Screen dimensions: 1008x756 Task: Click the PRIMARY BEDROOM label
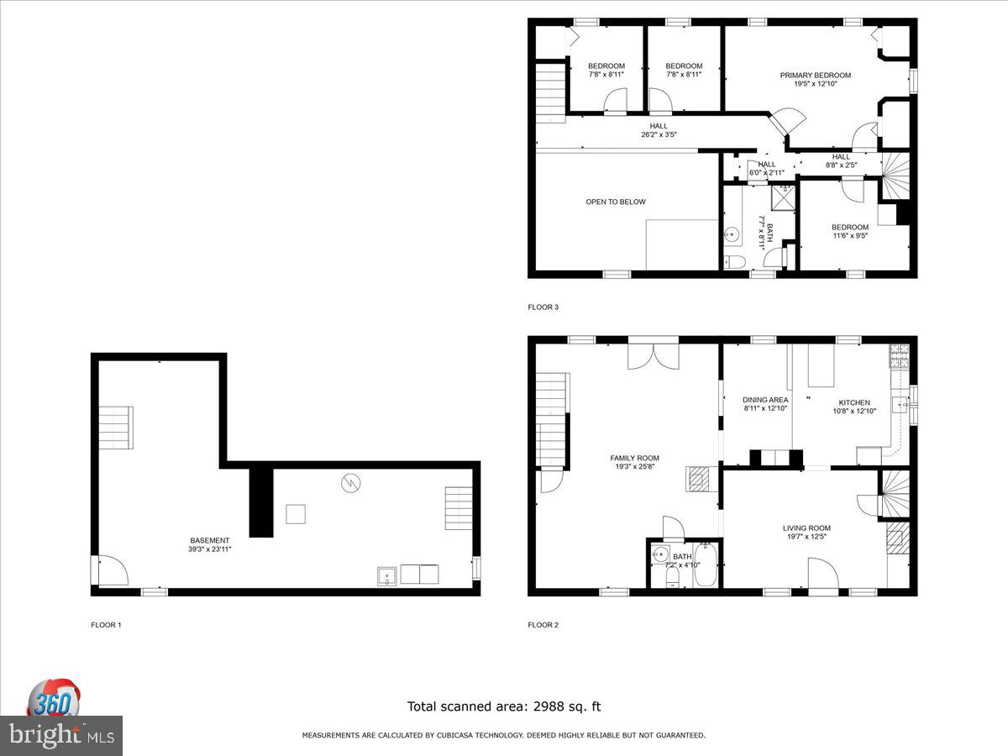(815, 76)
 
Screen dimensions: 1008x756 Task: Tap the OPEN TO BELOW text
(616, 202)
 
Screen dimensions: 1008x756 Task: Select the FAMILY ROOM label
(634, 458)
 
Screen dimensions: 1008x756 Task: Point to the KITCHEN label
(854, 402)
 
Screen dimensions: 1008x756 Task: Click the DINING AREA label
(765, 400)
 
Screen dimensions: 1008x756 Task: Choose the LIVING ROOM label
(806, 528)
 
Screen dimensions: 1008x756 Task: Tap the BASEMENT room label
(209, 541)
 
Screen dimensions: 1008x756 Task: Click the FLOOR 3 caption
(543, 307)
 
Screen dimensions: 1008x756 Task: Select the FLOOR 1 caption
(106, 625)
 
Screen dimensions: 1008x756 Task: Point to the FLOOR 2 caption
(543, 625)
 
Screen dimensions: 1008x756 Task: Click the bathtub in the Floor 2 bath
(705, 564)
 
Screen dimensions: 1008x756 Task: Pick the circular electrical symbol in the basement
(351, 483)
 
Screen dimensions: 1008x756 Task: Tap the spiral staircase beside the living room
(895, 494)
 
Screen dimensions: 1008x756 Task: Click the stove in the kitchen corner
(899, 356)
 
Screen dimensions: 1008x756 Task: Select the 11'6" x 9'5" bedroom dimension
(849, 236)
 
